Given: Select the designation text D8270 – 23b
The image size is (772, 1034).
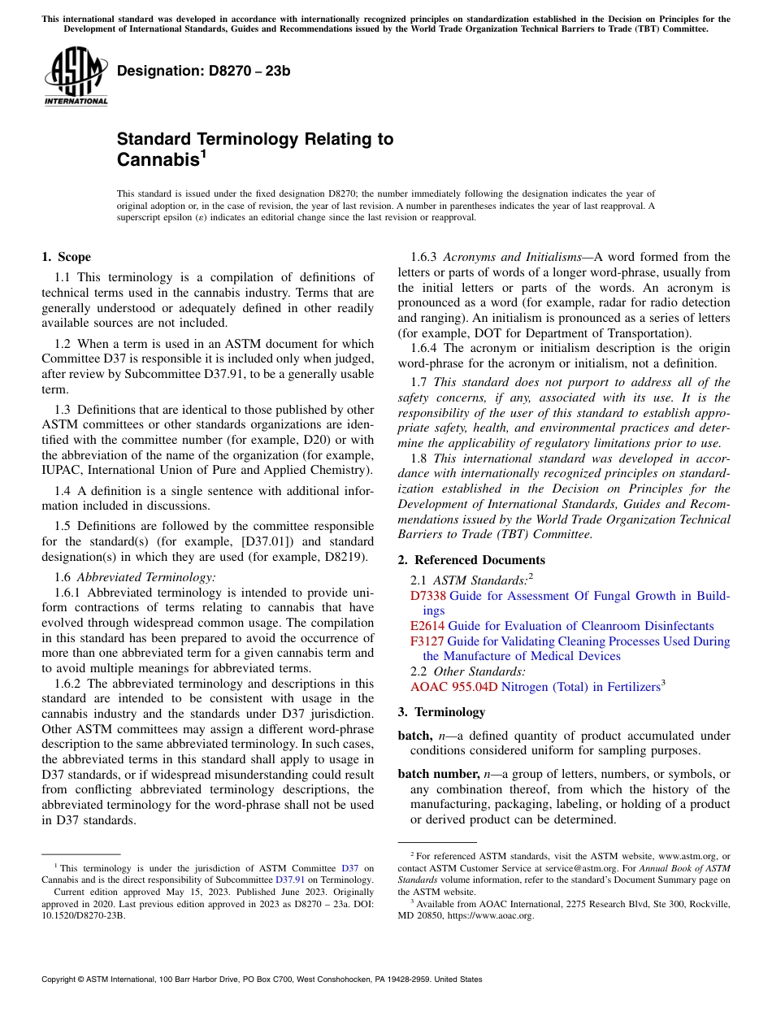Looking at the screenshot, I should pos(203,72).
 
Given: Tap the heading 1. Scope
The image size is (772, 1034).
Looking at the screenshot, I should pos(66,257).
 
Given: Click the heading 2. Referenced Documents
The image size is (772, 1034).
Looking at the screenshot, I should pos(471,560).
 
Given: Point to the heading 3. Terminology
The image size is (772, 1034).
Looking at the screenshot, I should pos(441,712).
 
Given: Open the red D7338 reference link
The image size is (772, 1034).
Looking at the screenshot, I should pos(427,596).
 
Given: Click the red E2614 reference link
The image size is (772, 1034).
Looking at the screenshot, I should pos(427,626).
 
